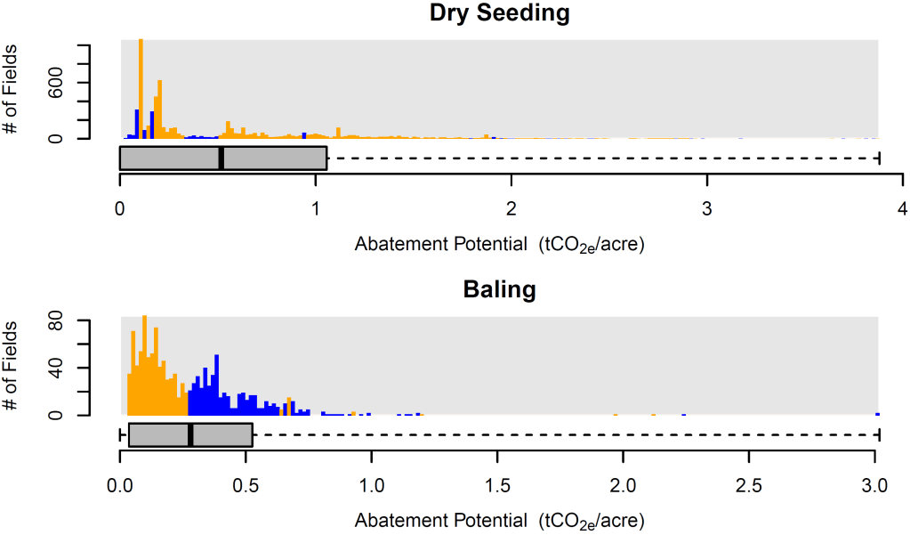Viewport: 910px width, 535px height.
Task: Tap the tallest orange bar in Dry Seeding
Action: coord(141,89)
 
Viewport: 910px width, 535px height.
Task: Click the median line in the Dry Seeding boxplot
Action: coord(221,158)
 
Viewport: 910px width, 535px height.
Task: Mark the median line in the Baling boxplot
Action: coord(190,434)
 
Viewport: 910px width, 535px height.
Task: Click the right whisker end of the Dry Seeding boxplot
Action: coord(879,158)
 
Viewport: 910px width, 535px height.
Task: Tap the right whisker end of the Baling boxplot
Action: coord(879,434)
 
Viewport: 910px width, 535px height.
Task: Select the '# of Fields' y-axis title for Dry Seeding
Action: coord(12,90)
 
